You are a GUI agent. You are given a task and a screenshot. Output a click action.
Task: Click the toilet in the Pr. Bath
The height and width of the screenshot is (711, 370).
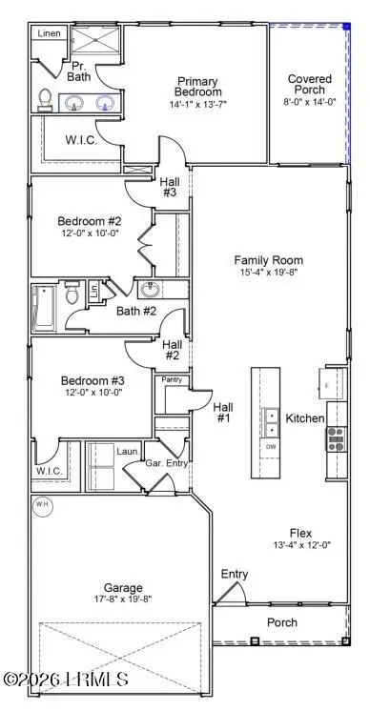pyautogui.click(x=44, y=98)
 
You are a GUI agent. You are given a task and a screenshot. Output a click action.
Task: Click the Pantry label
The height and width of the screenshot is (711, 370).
pyautogui.click(x=172, y=379)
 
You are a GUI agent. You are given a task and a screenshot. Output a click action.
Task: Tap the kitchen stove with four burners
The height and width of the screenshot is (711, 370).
pyautogui.click(x=336, y=437)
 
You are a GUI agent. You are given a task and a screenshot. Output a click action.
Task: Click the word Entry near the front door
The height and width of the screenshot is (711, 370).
pyautogui.click(x=234, y=574)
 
